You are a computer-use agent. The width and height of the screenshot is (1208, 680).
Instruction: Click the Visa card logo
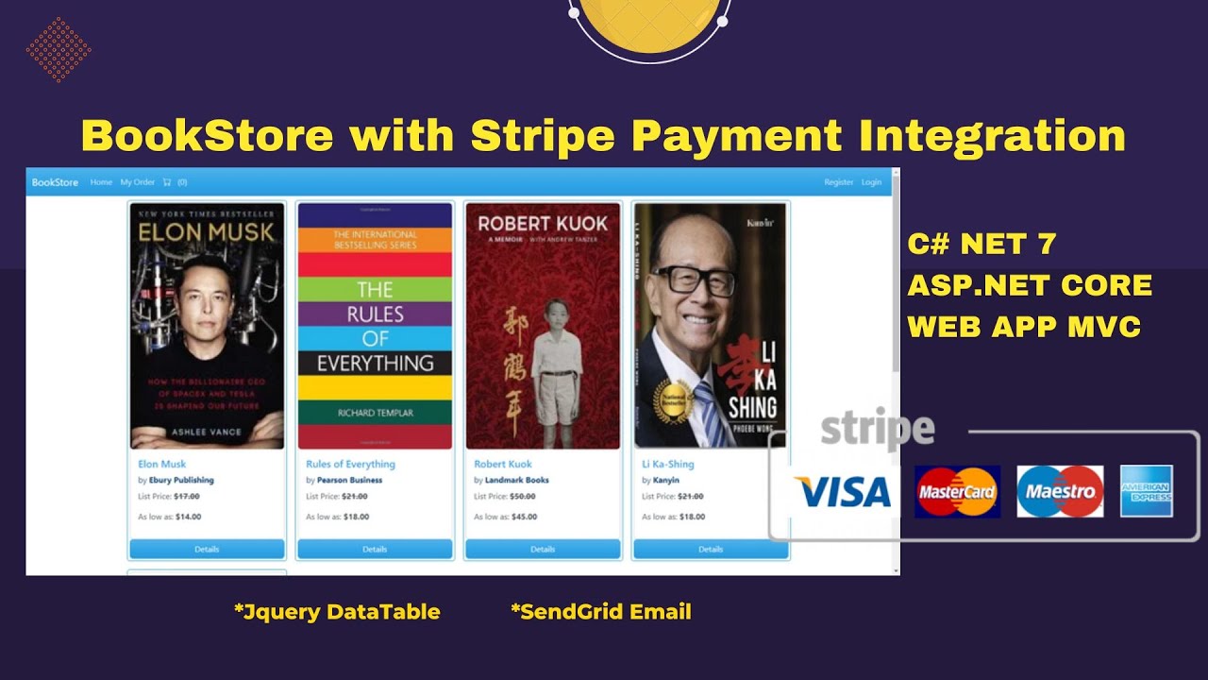843,492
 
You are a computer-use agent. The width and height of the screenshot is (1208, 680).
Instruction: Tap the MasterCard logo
957,491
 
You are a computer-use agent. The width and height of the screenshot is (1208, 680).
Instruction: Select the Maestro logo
1060,491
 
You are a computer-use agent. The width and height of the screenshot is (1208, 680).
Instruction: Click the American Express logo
1147,491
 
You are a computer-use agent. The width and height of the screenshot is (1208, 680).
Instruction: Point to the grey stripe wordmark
877,430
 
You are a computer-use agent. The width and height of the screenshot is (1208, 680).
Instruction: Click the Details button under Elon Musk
207,549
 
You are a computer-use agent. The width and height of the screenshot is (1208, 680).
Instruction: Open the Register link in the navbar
838,182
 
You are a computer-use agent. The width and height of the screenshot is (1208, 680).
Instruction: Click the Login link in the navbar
871,182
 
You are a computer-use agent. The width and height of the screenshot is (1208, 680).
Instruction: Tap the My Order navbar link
137,182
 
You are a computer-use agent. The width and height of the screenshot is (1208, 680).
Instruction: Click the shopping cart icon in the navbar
167,182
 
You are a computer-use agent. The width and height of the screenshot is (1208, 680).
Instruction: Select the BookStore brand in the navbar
55,182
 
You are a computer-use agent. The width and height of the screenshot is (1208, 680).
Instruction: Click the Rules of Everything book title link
350,464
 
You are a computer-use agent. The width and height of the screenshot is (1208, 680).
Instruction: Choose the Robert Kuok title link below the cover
503,464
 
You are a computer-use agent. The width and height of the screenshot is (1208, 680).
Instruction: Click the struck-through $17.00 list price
187,496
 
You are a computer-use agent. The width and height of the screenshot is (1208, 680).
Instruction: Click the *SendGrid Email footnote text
601,612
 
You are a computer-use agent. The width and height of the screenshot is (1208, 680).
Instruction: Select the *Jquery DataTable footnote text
337,612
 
